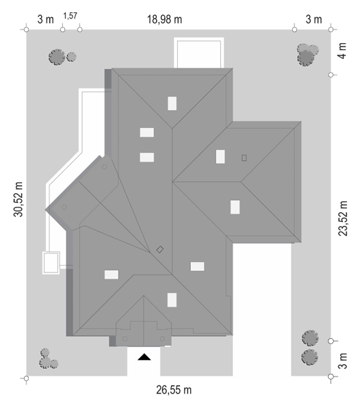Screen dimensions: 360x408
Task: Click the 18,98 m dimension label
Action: click(x=164, y=20)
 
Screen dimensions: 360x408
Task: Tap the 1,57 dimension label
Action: click(x=70, y=16)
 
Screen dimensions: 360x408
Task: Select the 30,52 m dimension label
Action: click(x=18, y=199)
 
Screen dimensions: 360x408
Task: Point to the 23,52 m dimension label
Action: click(x=343, y=218)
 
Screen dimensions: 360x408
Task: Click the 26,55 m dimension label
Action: click(x=174, y=390)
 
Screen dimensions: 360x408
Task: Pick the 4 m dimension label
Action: click(x=343, y=51)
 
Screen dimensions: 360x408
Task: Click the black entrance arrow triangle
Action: click(x=144, y=357)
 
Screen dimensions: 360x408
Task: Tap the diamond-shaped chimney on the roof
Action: click(x=160, y=250)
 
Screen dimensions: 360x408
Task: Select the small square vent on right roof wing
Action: click(x=244, y=158)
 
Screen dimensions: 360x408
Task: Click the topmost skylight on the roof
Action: click(x=172, y=103)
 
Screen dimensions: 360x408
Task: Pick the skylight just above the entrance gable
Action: click(x=172, y=300)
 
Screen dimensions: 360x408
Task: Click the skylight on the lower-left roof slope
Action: click(x=112, y=275)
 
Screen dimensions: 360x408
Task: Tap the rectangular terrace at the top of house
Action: click(x=199, y=53)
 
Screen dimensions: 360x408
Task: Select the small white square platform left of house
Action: click(x=51, y=263)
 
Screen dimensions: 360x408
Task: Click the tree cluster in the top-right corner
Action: click(x=307, y=54)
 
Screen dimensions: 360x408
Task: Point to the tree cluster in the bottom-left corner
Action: click(x=48, y=359)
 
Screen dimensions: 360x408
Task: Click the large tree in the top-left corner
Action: click(x=57, y=57)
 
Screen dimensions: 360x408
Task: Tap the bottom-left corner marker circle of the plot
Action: click(x=26, y=379)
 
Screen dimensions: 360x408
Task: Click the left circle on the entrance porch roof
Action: click(x=125, y=339)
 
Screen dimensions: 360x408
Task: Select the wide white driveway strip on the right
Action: click(x=261, y=309)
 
